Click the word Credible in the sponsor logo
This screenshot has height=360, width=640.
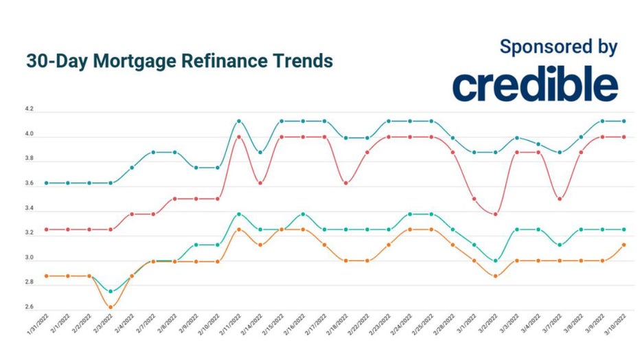(535, 85)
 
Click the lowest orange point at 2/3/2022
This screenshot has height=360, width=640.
(111, 307)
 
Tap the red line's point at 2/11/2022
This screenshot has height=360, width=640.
(239, 137)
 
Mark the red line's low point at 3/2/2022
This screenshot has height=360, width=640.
(496, 214)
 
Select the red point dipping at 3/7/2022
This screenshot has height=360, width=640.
(560, 199)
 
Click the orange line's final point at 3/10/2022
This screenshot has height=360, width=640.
(624, 245)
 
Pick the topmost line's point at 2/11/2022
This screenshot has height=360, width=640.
(239, 121)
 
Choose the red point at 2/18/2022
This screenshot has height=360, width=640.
(346, 183)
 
